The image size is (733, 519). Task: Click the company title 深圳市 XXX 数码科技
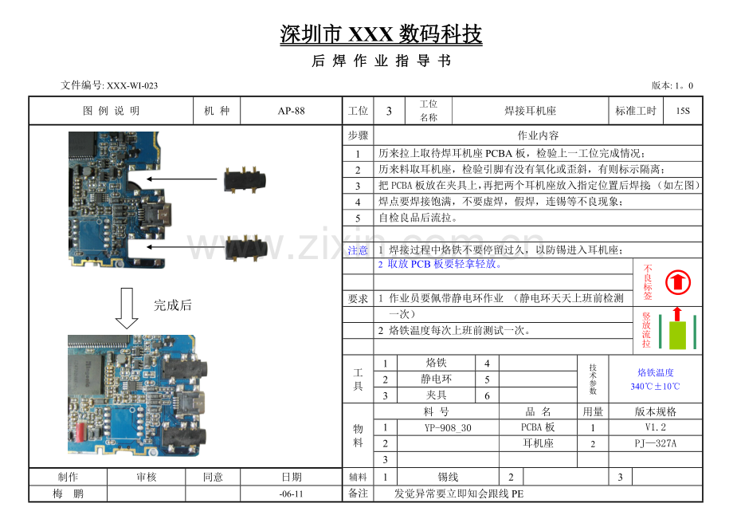(381, 34)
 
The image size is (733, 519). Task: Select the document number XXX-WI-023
(132, 85)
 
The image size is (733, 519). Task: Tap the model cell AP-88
(292, 111)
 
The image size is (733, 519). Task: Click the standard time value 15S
(683, 111)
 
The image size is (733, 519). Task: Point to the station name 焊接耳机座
(530, 111)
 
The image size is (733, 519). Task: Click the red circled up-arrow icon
(678, 282)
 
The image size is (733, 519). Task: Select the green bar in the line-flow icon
(677, 335)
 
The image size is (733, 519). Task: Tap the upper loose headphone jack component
(245, 179)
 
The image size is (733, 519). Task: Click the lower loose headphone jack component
(246, 248)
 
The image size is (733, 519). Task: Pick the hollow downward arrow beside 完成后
(127, 308)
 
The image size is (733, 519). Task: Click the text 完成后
(173, 305)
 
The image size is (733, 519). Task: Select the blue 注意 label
(358, 250)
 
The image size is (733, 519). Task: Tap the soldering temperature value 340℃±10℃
(655, 386)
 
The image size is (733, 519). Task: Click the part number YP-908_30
(448, 427)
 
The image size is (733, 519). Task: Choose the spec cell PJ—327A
(655, 443)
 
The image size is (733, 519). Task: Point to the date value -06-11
(292, 493)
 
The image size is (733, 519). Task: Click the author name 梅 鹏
(68, 493)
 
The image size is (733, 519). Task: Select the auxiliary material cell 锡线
(448, 477)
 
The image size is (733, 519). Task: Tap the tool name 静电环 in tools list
(436, 379)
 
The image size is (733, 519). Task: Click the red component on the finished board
(79, 431)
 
